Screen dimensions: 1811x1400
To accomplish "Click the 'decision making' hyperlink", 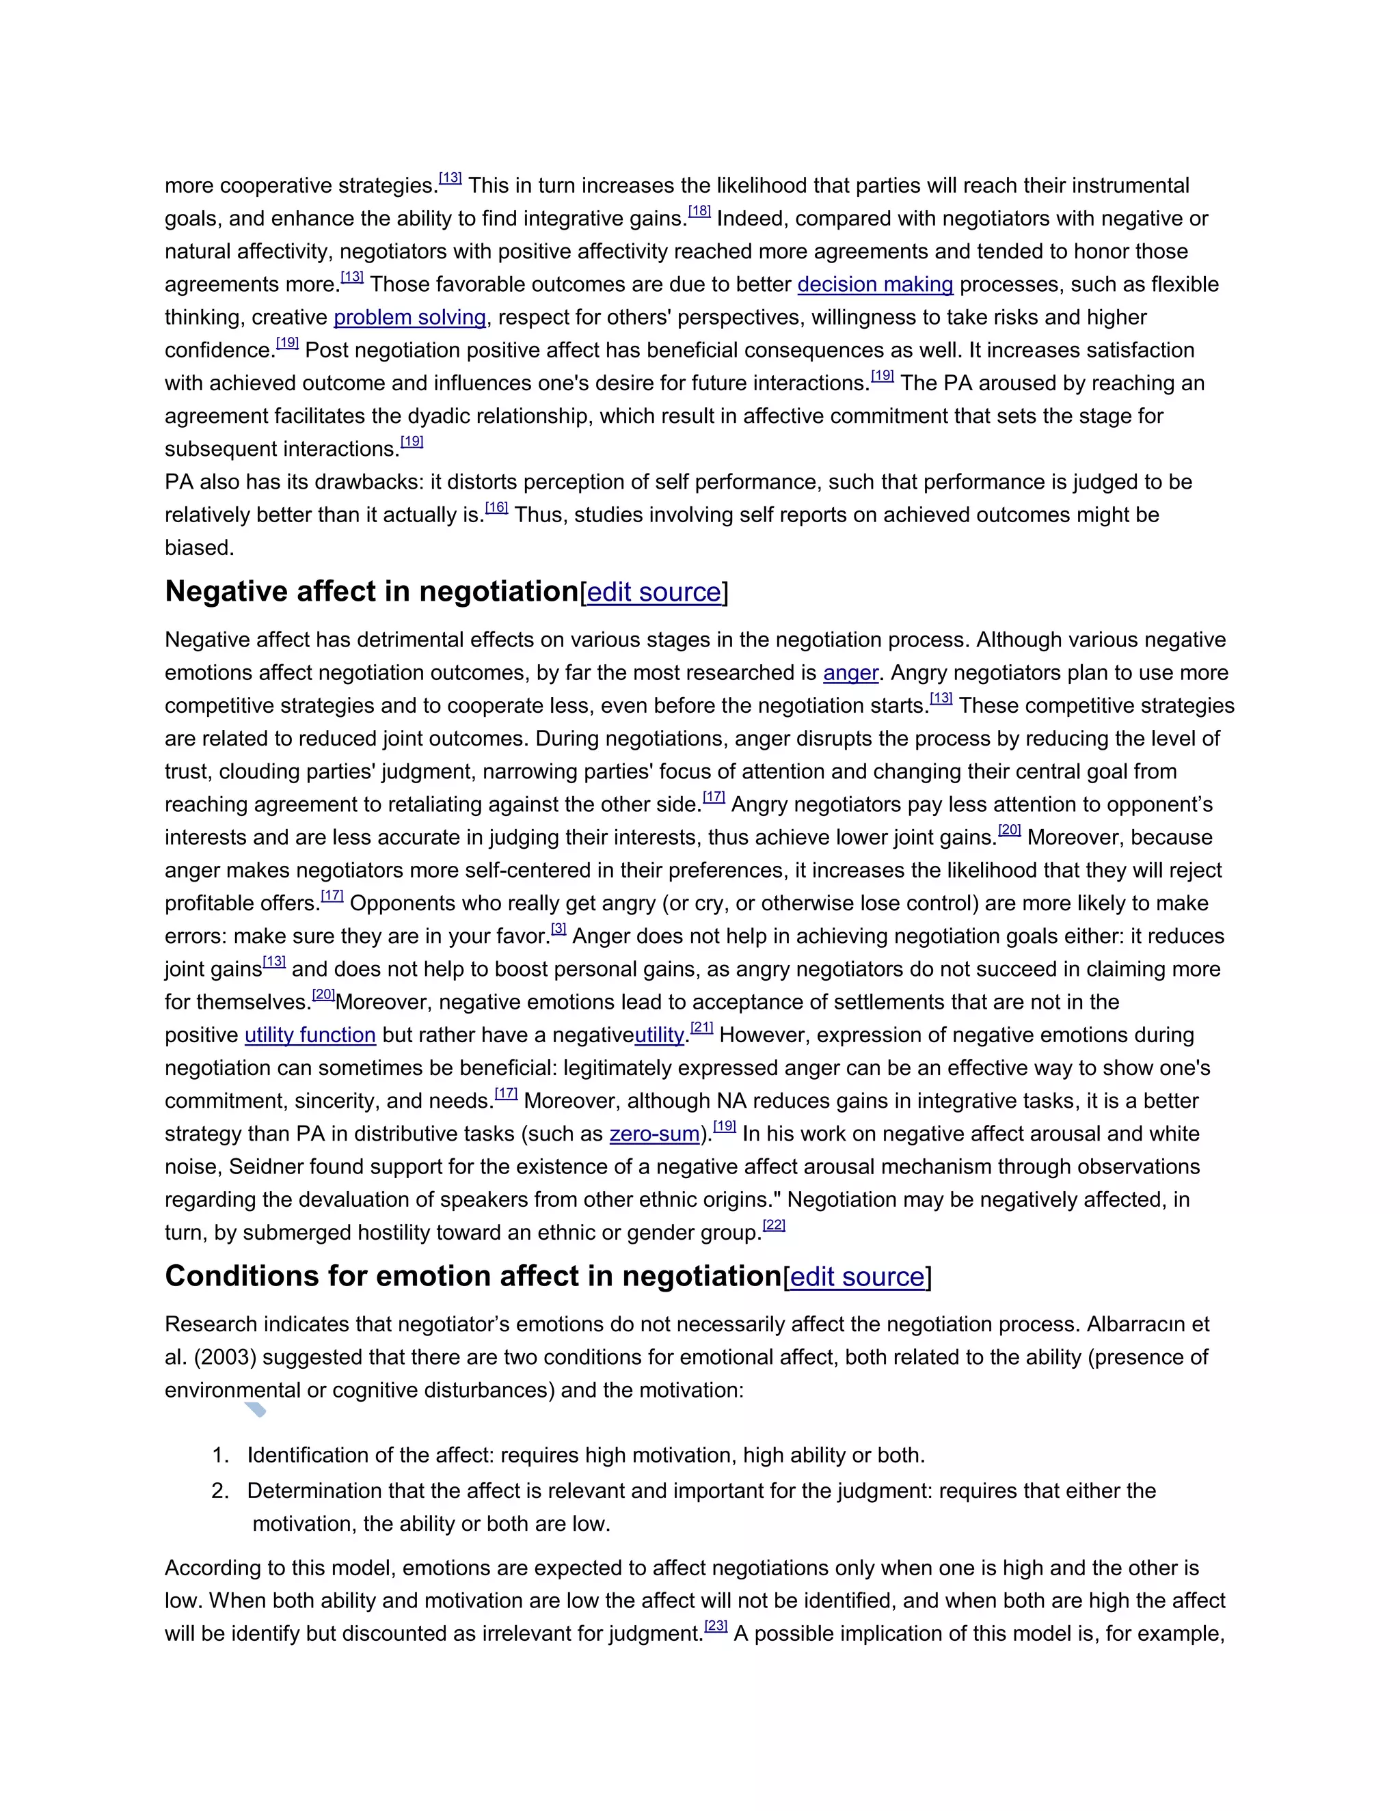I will pos(875,284).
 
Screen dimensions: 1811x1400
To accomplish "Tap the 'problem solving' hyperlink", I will pos(409,318).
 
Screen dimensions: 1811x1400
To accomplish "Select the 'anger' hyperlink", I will pos(850,672).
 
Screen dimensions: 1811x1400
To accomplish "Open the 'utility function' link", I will pos(310,1035).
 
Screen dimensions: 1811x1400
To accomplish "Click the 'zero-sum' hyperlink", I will pos(654,1134).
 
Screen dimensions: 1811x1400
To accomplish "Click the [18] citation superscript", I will pos(699,211).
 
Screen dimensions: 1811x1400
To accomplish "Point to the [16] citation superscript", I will pos(496,508).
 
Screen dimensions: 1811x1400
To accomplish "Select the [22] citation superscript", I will pos(774,1225).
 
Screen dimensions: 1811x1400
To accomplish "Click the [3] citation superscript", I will pos(559,929).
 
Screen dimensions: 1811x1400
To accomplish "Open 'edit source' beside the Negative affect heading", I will pos(654,592).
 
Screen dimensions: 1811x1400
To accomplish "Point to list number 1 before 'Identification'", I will pos(220,1455).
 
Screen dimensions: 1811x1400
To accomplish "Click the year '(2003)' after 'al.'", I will pos(225,1357).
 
